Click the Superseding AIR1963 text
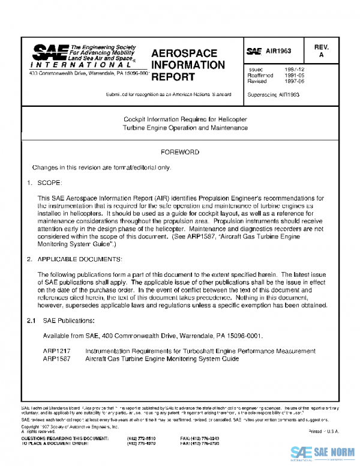tap(273, 94)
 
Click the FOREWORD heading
tap(180, 153)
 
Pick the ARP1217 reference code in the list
tap(56, 350)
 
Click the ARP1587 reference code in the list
tap(56, 358)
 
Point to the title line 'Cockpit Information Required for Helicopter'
tap(181, 119)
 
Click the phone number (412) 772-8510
tap(140, 438)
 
